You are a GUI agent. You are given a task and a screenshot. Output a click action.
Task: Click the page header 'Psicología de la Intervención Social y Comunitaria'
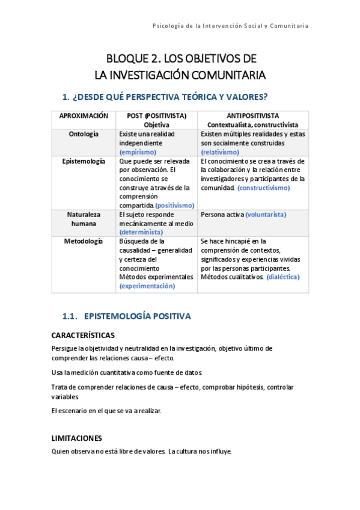(x=231, y=26)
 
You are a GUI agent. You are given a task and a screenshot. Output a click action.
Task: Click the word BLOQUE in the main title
(x=127, y=59)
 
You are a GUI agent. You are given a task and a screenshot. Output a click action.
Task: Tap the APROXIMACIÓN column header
(x=84, y=115)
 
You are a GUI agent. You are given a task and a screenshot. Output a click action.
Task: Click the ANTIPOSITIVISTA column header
(x=252, y=115)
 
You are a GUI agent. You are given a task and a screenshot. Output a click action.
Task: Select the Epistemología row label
(x=84, y=161)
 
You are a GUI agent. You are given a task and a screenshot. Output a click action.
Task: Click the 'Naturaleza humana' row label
(x=84, y=218)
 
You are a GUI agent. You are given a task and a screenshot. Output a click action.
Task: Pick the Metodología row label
(x=84, y=241)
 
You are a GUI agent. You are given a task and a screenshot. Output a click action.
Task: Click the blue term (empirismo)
(x=139, y=153)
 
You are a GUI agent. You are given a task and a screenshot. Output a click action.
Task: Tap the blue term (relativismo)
(x=220, y=152)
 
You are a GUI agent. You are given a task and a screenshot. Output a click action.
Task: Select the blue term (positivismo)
(x=175, y=205)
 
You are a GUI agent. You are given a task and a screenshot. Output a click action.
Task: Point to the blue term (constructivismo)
(x=264, y=188)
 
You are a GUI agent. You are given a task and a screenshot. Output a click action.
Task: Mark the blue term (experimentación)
(x=147, y=286)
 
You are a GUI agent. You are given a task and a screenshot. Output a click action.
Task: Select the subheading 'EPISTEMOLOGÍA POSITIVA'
(x=138, y=316)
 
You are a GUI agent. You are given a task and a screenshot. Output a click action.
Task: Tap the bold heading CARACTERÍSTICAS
(x=83, y=335)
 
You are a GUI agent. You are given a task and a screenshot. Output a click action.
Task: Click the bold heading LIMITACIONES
(x=77, y=438)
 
